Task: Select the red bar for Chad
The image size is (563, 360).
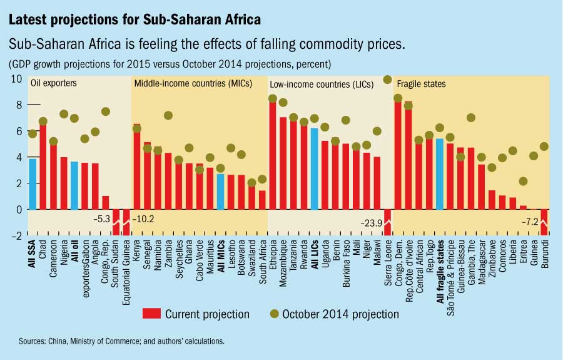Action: (x=43, y=167)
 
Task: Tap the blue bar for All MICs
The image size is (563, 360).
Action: (x=220, y=192)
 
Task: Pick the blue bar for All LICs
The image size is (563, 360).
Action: (x=314, y=169)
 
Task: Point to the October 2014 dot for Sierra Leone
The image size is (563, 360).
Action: (x=387, y=80)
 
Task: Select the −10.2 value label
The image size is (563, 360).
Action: (x=145, y=220)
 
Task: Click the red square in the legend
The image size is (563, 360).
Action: (x=151, y=314)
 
